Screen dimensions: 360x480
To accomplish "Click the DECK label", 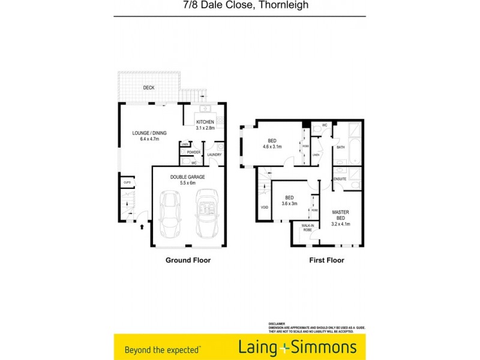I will point(149,88).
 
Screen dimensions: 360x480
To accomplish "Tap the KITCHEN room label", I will point(205,122).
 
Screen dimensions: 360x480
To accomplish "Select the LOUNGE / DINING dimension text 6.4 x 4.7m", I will point(149,139).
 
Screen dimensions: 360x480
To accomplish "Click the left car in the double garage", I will point(170,214).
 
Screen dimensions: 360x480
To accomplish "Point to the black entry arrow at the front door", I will point(142,226).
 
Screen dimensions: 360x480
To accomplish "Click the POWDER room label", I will point(193,152).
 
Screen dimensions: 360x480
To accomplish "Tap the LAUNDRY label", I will point(214,155).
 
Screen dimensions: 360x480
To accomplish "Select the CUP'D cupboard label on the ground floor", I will point(127,182).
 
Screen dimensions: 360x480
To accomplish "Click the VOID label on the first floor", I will point(265,208).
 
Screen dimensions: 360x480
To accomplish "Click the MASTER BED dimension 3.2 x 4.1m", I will point(340,224).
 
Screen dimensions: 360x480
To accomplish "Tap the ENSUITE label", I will point(341,179).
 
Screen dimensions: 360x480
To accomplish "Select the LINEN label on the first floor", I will point(316,155).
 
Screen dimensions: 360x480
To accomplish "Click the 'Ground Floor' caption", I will point(188,260).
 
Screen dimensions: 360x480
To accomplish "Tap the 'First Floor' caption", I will point(326,260).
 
